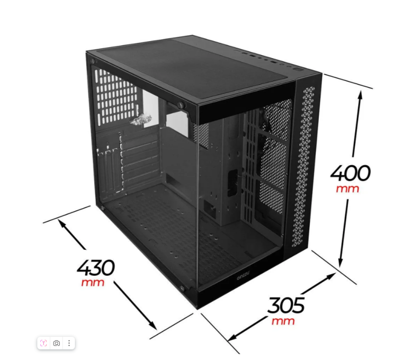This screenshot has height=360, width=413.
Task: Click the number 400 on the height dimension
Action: (x=351, y=173)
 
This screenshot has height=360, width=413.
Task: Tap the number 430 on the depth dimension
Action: (x=96, y=267)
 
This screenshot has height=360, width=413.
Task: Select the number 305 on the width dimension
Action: (x=286, y=305)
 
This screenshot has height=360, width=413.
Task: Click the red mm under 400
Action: (x=347, y=188)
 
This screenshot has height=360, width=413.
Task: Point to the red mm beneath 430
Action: (x=93, y=282)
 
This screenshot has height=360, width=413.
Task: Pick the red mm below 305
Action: (x=283, y=321)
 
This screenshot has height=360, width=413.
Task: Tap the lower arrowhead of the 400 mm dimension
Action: (x=340, y=263)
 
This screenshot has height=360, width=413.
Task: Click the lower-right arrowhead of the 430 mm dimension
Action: (x=153, y=326)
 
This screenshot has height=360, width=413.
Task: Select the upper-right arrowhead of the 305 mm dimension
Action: (x=331, y=276)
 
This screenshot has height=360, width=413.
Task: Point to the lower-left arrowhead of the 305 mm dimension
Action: (x=233, y=338)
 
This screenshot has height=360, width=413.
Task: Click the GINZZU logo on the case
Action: (x=244, y=276)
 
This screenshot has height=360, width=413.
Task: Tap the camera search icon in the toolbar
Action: (x=56, y=343)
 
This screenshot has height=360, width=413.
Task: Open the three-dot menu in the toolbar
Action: (x=69, y=343)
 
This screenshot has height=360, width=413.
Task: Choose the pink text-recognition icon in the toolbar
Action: (x=43, y=343)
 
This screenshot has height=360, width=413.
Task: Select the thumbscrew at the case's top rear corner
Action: (x=93, y=61)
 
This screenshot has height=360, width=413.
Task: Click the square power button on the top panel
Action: (x=298, y=69)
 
